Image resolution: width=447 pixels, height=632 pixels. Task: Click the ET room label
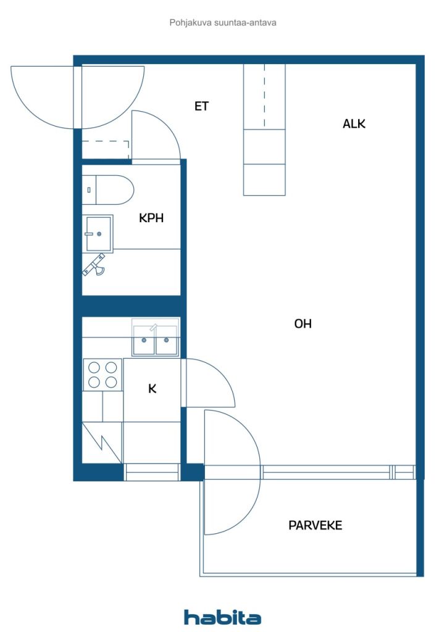coord(201,106)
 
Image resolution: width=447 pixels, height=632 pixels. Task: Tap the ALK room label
coord(354,123)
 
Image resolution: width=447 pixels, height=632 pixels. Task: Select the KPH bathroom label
coord(151,218)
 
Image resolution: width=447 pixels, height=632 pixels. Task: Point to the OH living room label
coord(303,323)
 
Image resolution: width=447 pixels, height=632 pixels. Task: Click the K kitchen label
coord(152,389)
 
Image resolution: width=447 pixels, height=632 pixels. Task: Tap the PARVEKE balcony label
coord(315,525)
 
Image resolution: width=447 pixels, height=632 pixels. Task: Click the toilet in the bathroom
coord(108,190)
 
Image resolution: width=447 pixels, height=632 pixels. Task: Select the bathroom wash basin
coord(98,234)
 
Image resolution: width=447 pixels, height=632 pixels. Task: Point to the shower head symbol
coord(94,265)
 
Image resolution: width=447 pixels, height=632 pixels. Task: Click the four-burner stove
coord(102,375)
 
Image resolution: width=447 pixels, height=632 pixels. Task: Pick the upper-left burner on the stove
coord(94,367)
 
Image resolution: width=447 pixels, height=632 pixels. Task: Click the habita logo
coord(222,617)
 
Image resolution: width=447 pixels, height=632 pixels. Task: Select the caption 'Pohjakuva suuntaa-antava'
coord(223,23)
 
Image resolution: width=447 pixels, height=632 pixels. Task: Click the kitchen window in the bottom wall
coord(151,472)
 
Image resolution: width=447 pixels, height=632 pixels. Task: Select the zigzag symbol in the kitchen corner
coord(102,443)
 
